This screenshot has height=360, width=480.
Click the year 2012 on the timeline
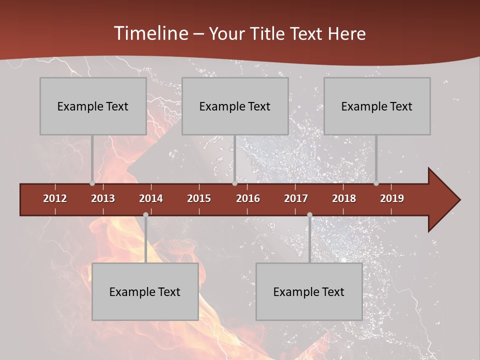click(x=55, y=198)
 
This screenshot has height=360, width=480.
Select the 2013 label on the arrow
click(x=103, y=198)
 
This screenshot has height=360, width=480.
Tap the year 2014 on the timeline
click(x=151, y=198)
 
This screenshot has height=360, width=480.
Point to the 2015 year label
click(x=199, y=198)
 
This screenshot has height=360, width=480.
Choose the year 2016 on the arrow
click(x=248, y=198)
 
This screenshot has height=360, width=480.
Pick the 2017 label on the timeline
click(x=296, y=198)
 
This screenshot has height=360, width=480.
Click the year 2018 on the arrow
click(x=344, y=198)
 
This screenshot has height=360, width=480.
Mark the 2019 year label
click(x=392, y=198)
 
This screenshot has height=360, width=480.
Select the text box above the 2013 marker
click(x=93, y=106)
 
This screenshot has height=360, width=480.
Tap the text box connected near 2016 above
click(x=235, y=106)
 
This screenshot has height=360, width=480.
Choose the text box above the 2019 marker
click(x=377, y=106)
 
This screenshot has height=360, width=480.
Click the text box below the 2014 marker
click(x=145, y=291)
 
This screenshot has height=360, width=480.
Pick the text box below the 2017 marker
click(x=309, y=291)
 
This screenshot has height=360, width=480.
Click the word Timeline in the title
click(x=150, y=33)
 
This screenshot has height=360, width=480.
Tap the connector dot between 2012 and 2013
click(x=92, y=183)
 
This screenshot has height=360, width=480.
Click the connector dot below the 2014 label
click(x=145, y=215)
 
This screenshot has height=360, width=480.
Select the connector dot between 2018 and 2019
click(x=376, y=183)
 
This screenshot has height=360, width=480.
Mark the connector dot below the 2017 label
click(x=309, y=215)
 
